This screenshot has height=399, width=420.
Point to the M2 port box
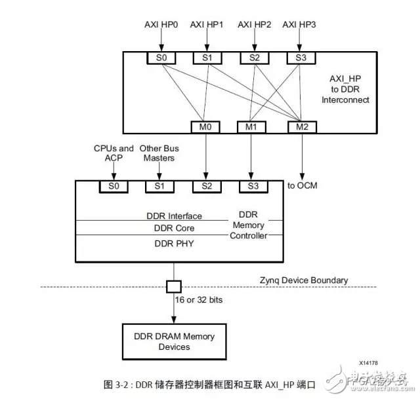pos(301,126)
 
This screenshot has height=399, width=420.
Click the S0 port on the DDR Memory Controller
pos(114,186)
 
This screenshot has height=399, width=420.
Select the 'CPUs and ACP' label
pos(114,153)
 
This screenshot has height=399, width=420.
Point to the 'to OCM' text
pos(302,185)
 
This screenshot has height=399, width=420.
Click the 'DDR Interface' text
pos(173,216)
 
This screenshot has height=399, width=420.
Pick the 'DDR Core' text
pos(174,228)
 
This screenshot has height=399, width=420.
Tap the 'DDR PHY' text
pos(174,243)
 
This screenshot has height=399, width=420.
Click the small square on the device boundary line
pos(173,287)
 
